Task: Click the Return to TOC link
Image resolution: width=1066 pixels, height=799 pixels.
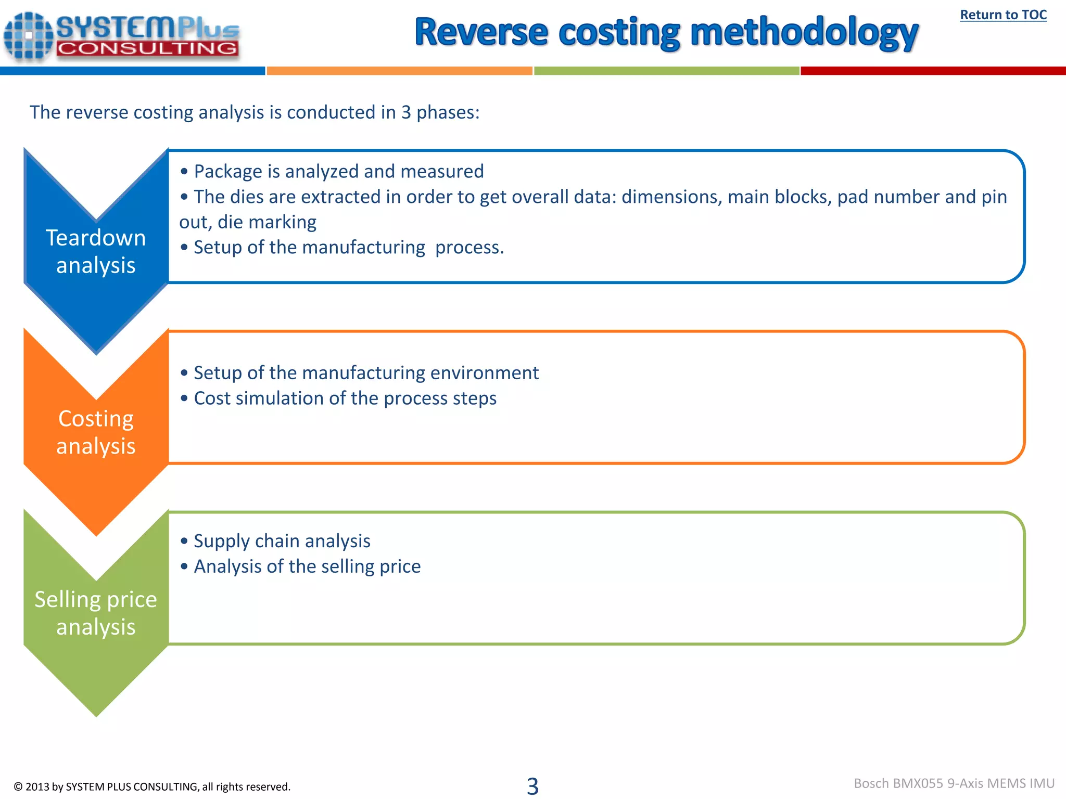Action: (1003, 15)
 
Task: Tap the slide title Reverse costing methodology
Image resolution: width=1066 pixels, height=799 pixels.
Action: (666, 32)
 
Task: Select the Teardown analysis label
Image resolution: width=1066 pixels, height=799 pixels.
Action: (96, 251)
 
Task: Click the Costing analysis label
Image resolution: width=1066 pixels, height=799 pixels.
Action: (96, 432)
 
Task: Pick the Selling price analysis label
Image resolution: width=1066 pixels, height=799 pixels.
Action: (96, 613)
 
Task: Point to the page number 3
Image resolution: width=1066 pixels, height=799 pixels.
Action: (532, 785)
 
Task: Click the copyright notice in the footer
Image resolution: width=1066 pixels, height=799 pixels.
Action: (152, 787)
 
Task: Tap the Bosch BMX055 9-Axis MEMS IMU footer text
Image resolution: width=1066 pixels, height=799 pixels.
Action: (954, 783)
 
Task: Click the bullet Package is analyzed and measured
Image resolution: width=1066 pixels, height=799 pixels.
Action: (338, 171)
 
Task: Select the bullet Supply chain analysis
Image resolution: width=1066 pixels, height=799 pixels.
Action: (282, 541)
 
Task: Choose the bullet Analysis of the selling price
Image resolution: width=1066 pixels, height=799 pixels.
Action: (307, 566)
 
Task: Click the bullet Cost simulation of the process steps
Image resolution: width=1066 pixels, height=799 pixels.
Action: (345, 398)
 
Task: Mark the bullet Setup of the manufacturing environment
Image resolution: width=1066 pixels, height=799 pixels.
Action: (366, 373)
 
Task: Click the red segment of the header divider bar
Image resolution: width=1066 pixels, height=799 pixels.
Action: (933, 71)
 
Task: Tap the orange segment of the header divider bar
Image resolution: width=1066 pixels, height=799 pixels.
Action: (399, 71)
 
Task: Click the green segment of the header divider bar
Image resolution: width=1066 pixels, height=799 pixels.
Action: (666, 71)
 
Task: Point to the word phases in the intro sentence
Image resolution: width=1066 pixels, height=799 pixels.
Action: (447, 112)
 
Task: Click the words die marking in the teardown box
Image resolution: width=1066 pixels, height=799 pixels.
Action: (266, 222)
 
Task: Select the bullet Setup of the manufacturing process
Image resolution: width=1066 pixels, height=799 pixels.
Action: (349, 248)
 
